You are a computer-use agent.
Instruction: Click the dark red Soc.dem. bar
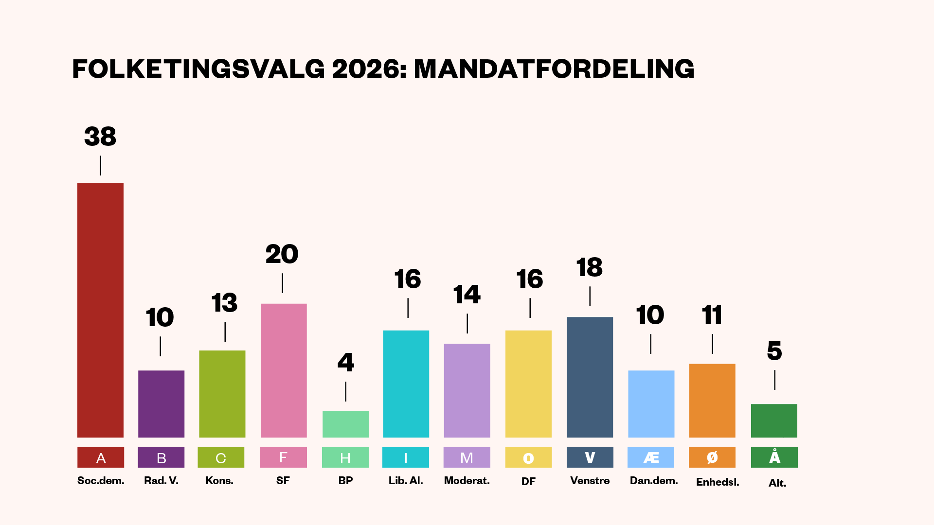pyautogui.click(x=100, y=310)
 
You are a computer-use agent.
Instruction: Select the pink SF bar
pyautogui.click(x=284, y=370)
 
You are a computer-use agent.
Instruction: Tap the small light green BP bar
pyautogui.click(x=345, y=424)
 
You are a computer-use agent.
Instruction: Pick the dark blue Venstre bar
pyautogui.click(x=590, y=377)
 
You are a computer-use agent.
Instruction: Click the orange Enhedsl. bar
pyautogui.click(x=712, y=401)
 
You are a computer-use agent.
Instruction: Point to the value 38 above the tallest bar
pyautogui.click(x=100, y=137)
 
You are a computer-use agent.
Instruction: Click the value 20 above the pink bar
pyautogui.click(x=282, y=254)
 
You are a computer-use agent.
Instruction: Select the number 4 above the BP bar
pyautogui.click(x=346, y=362)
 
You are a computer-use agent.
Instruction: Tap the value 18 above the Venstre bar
pyautogui.click(x=590, y=267)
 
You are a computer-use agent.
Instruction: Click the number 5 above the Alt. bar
pyautogui.click(x=774, y=351)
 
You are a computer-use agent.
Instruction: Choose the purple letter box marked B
pyautogui.click(x=161, y=457)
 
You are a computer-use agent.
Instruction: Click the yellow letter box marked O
pyautogui.click(x=528, y=457)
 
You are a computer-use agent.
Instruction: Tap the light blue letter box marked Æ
pyautogui.click(x=651, y=457)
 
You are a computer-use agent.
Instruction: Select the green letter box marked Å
pyautogui.click(x=774, y=457)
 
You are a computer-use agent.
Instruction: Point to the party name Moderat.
pyautogui.click(x=467, y=481)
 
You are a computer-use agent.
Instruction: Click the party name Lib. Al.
pyautogui.click(x=406, y=481)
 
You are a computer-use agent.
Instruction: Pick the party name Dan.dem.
pyautogui.click(x=654, y=481)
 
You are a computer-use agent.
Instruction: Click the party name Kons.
pyautogui.click(x=219, y=481)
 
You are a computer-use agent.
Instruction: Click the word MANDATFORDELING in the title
pyautogui.click(x=554, y=69)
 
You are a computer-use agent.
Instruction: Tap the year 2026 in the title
pyautogui.click(x=368, y=69)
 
